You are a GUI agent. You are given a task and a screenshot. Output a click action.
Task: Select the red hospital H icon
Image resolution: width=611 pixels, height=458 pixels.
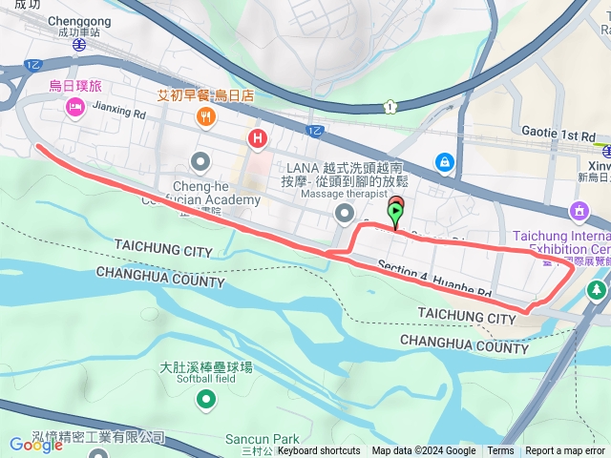tap(257, 139)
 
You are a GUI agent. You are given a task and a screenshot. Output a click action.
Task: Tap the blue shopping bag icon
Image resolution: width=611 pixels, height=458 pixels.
tap(445, 162)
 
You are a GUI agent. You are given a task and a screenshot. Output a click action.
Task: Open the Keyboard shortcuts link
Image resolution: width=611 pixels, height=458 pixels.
tap(319, 451)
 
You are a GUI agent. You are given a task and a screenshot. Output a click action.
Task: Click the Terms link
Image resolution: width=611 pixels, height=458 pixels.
tap(500, 451)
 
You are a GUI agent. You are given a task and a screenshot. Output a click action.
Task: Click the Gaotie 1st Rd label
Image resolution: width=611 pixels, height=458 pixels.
tap(558, 133)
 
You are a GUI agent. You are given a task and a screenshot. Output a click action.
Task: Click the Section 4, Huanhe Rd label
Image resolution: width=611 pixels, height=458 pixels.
tap(433, 280)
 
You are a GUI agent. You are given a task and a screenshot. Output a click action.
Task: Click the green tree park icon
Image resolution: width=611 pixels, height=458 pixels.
tap(599, 288)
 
